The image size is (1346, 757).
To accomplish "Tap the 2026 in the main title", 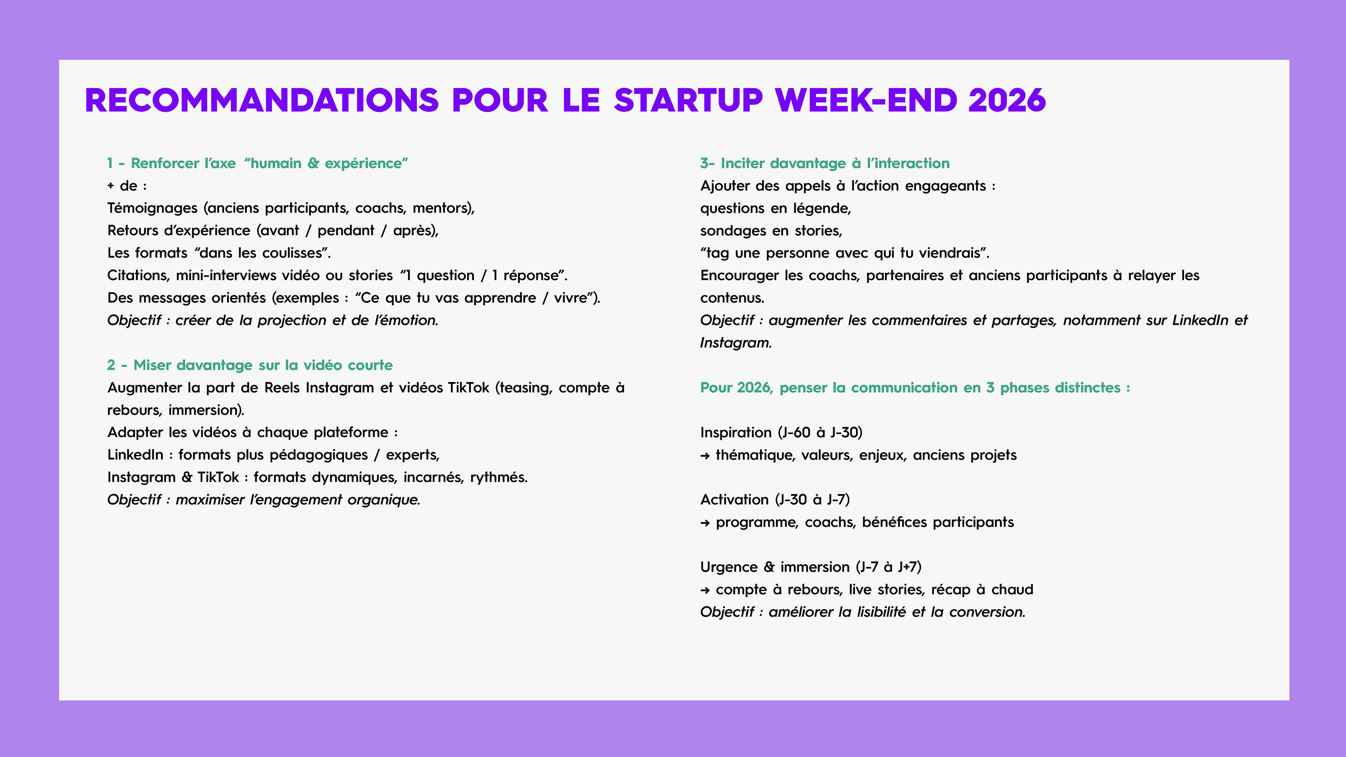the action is click(1007, 100).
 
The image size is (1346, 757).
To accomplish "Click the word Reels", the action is click(282, 388).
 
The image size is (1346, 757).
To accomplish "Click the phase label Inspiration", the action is click(736, 432).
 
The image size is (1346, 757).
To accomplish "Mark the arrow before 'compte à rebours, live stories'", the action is click(705, 590).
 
